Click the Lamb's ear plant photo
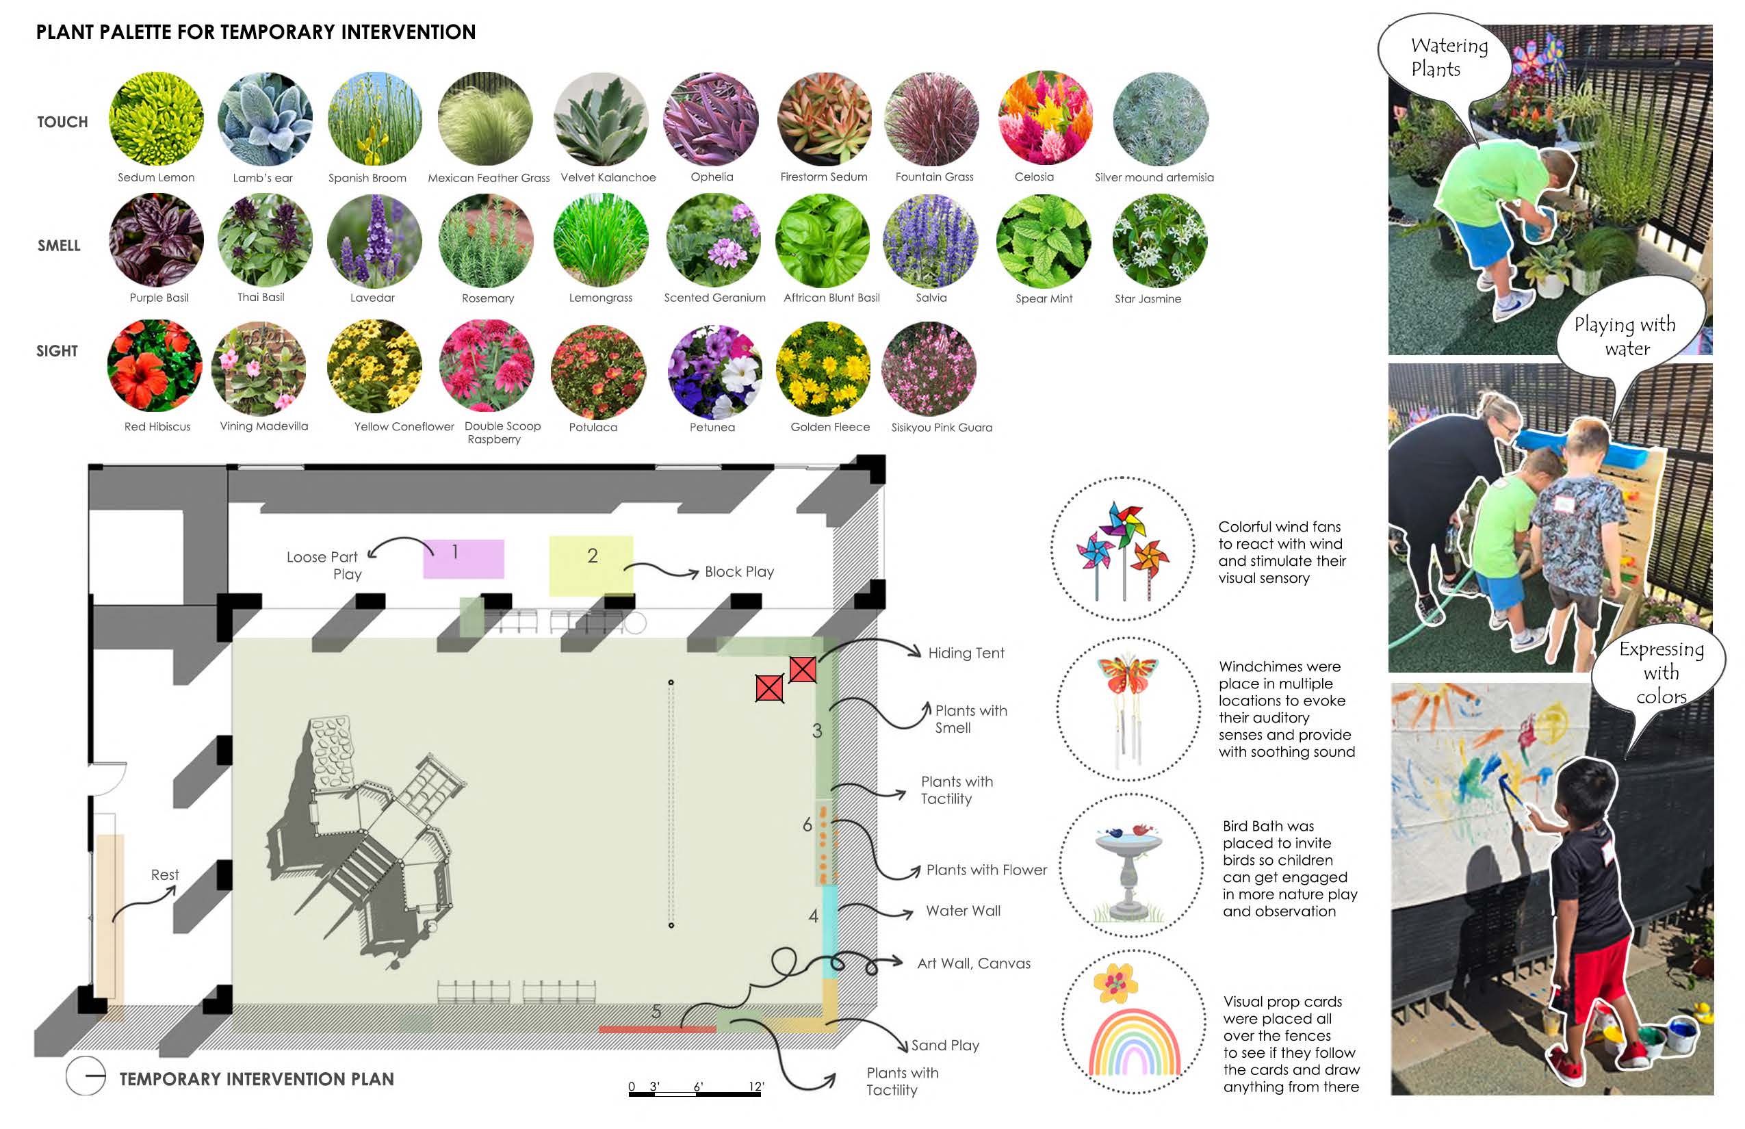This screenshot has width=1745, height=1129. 265,119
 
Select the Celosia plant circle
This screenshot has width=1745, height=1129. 1045,117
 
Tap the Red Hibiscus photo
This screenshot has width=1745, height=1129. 155,366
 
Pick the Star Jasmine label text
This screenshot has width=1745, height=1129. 1148,299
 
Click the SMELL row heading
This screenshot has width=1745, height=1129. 60,246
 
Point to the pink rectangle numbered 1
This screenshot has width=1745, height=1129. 463,558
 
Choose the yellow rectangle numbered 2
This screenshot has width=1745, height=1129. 591,564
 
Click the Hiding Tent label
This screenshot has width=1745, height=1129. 966,653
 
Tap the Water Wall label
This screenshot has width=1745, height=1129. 963,911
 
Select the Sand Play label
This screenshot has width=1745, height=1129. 945,1046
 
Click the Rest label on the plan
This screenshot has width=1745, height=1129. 165,875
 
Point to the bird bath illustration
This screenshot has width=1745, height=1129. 1130,872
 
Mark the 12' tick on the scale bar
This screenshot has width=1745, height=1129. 757,1087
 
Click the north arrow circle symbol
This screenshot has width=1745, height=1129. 86,1076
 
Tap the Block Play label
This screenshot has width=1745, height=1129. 739,572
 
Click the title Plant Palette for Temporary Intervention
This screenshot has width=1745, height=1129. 256,32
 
